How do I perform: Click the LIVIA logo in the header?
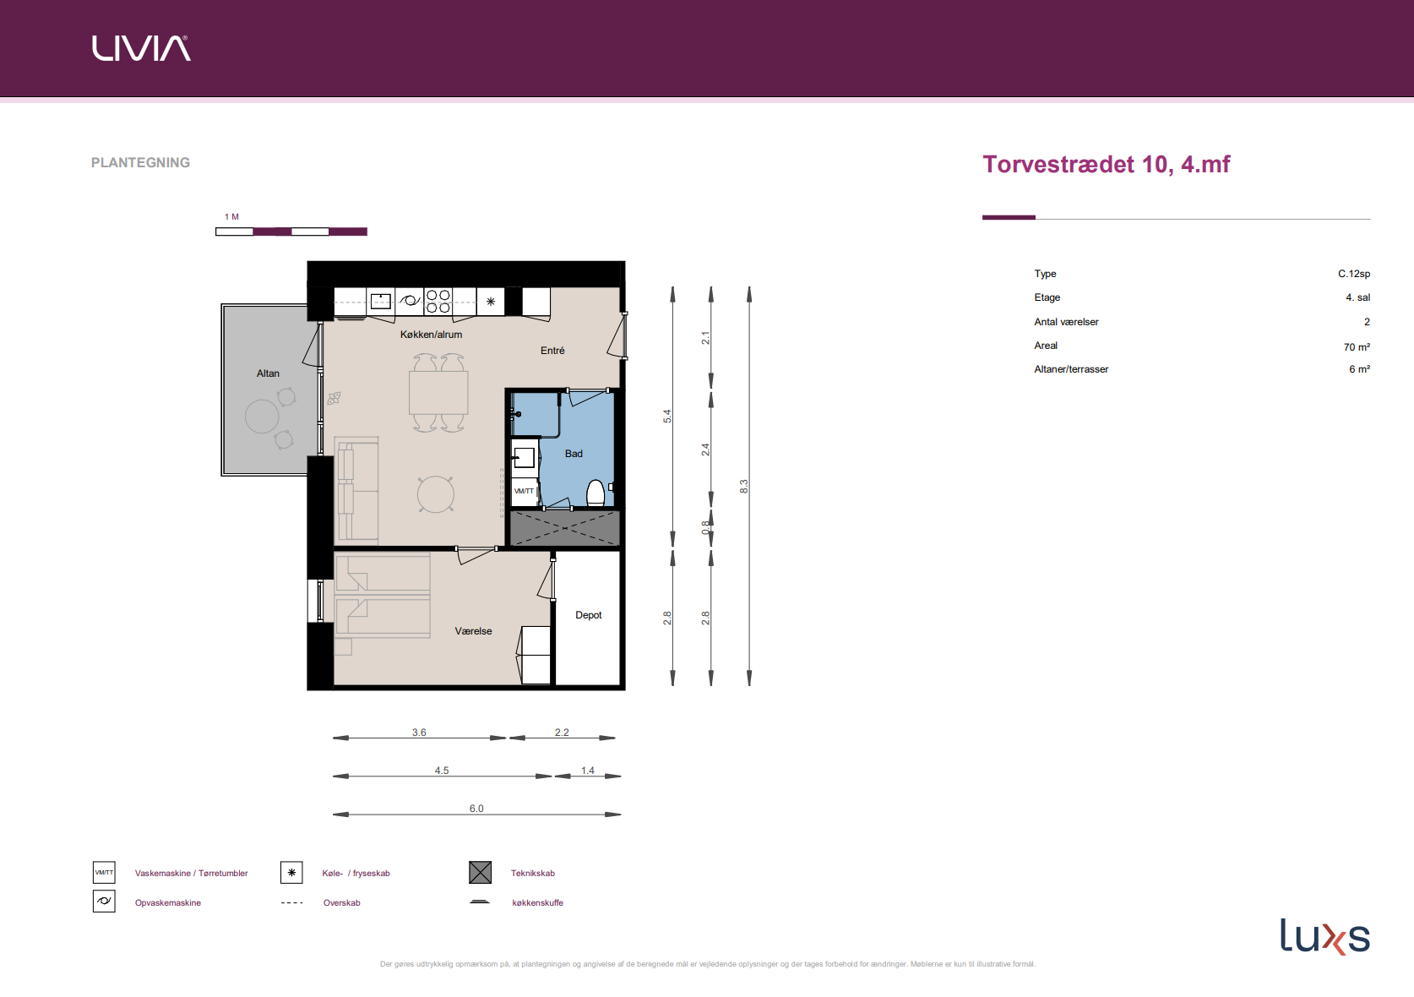(141, 48)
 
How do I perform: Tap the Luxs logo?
(1324, 936)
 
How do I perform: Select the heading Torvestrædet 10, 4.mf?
(1106, 164)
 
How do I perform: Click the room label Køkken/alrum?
(431, 334)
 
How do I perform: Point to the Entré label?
(552, 351)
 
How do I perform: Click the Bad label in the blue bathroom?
(574, 454)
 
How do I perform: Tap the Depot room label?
(589, 615)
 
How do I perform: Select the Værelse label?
(473, 631)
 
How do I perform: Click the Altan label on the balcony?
(268, 373)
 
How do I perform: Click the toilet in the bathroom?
(596, 493)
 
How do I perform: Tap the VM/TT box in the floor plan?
(524, 491)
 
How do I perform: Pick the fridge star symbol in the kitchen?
(491, 302)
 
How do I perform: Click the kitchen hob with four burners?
(438, 301)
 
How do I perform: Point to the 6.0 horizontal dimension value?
(476, 809)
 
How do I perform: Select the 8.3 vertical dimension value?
(743, 486)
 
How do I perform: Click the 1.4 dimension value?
(588, 771)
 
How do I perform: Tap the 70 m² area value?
(1357, 346)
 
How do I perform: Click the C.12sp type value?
(1354, 274)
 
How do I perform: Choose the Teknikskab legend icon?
(481, 873)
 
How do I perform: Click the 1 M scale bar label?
(231, 216)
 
